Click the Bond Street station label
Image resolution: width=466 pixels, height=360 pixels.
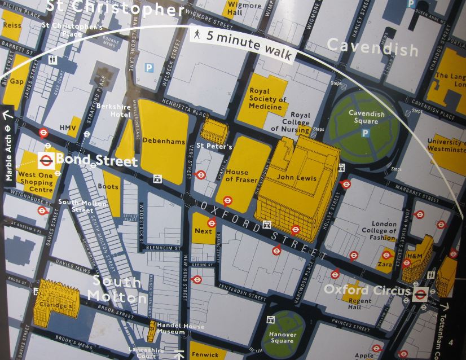click(96, 161)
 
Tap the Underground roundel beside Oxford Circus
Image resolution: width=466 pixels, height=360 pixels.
click(420, 293)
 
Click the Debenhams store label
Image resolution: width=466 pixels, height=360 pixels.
click(164, 141)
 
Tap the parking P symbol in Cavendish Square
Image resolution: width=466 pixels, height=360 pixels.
click(366, 134)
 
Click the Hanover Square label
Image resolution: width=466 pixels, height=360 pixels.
click(282, 337)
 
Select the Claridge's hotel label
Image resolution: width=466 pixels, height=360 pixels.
click(55, 305)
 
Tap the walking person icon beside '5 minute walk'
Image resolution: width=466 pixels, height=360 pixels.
click(196, 35)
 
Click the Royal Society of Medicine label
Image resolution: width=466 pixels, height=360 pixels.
click(268, 99)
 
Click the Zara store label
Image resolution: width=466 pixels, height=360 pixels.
click(385, 264)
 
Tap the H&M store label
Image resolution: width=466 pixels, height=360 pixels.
click(415, 257)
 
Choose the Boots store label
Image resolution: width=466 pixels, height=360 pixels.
click(108, 186)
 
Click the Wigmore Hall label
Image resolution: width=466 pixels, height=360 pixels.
click(244, 9)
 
